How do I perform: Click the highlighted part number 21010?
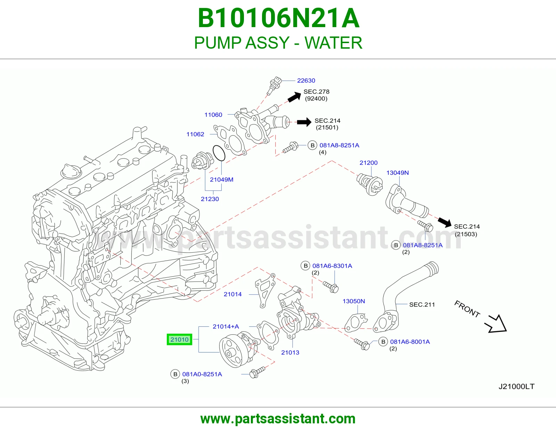179,339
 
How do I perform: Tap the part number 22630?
306,81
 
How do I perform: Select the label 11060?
213,115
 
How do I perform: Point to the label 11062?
195,134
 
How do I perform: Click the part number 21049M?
222,179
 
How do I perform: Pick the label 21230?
210,199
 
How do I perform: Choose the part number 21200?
368,163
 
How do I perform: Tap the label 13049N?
397,173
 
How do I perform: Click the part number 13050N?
354,301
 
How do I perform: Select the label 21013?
290,352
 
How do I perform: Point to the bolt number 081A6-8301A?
332,266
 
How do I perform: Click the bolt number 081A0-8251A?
202,374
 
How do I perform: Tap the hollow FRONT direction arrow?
496,325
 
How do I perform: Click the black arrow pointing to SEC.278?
294,97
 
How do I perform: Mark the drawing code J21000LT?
516,387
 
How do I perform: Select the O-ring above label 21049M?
219,153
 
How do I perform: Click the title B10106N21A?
279,18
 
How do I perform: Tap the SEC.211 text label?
422,304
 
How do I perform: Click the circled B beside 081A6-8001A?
383,342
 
